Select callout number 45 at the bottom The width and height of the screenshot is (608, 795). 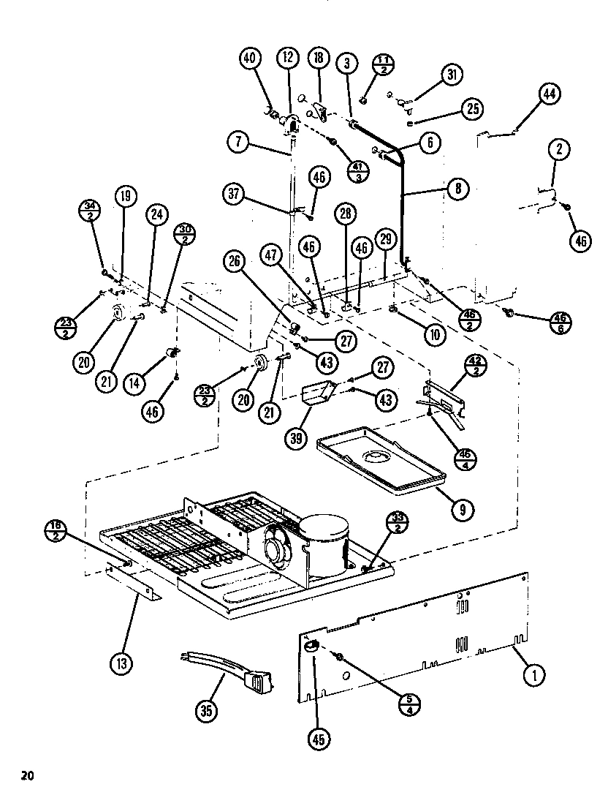click(x=317, y=739)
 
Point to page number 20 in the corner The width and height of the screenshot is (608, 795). click(x=28, y=775)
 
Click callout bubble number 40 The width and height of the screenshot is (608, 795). click(x=251, y=59)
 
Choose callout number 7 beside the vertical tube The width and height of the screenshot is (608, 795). click(x=238, y=141)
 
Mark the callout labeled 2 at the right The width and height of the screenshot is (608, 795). click(x=558, y=150)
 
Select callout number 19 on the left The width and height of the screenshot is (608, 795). click(x=126, y=196)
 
